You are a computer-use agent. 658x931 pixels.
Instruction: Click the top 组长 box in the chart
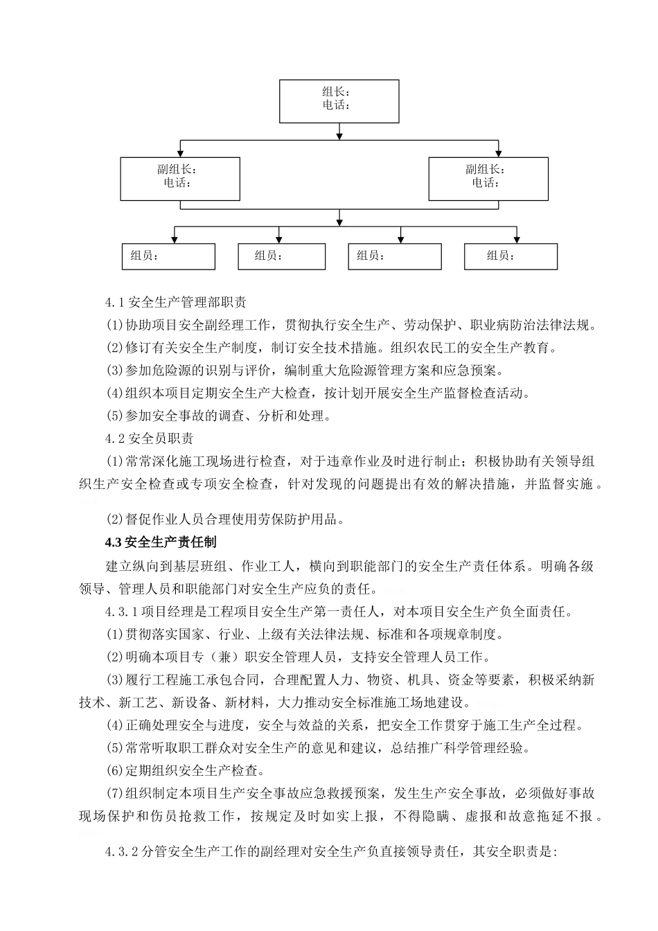pyautogui.click(x=339, y=101)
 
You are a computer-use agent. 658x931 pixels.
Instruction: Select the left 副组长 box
pyautogui.click(x=180, y=179)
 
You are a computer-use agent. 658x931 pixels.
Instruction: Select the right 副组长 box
pyautogui.click(x=488, y=179)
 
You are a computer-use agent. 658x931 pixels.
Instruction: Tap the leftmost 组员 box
pyautogui.click(x=168, y=256)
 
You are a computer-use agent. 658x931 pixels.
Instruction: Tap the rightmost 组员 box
pyautogui.click(x=510, y=256)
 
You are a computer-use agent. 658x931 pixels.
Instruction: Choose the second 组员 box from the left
pyautogui.click(x=281, y=256)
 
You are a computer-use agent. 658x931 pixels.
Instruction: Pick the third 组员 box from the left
pyautogui.click(x=394, y=256)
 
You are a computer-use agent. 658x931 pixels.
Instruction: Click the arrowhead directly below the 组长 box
pyautogui.click(x=339, y=134)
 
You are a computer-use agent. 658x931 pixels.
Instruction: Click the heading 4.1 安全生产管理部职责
pyautogui.click(x=175, y=303)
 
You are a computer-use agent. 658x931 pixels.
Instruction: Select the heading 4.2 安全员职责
pyautogui.click(x=149, y=438)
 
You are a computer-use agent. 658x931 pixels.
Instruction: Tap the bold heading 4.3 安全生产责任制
pyautogui.click(x=161, y=541)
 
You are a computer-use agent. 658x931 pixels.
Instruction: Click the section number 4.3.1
pyautogui.click(x=125, y=612)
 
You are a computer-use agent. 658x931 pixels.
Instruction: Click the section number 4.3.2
pyautogui.click(x=125, y=851)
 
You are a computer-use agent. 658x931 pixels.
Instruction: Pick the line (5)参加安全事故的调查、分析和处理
pyautogui.click(x=218, y=416)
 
